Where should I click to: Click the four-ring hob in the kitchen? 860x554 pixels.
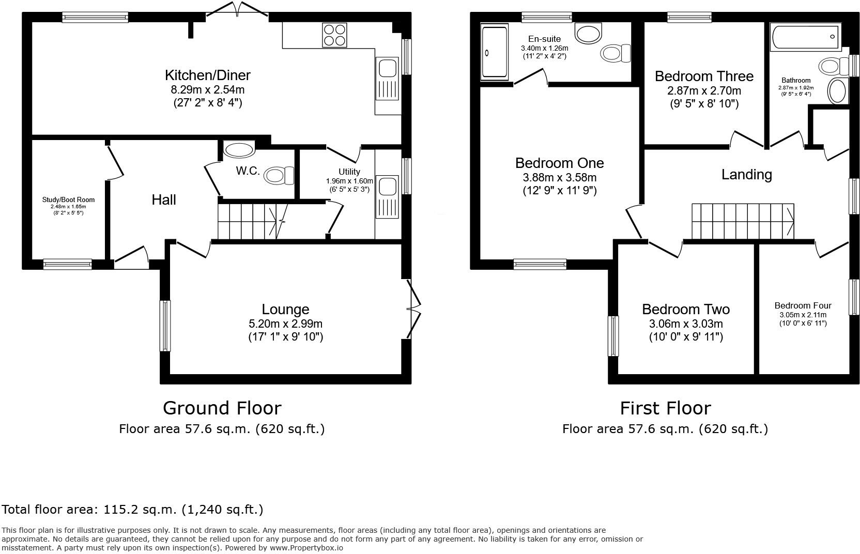pos(334,35)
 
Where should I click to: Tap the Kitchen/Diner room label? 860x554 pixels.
pos(208,75)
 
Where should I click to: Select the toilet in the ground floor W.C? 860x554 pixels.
pos(279,175)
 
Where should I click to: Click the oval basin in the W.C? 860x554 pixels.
pos(240,150)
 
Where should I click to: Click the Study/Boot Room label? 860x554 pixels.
pos(68,199)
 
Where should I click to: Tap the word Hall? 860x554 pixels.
pos(164,200)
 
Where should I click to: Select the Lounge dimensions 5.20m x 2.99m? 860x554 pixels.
pos(285,324)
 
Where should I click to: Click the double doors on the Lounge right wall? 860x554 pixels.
pos(413,310)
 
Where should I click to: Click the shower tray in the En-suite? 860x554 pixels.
pos(495,53)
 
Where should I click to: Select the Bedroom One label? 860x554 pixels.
pos(559,163)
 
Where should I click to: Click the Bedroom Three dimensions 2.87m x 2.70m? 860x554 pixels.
pos(704,91)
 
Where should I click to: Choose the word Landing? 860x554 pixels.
pos(746,175)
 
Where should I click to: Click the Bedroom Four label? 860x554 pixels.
pos(803,305)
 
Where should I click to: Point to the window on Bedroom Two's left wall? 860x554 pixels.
pos(613,336)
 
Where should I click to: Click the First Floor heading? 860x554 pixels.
pos(665,408)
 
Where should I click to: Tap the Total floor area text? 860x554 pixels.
pos(132,510)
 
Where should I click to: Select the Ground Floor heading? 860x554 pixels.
pos(222,408)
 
